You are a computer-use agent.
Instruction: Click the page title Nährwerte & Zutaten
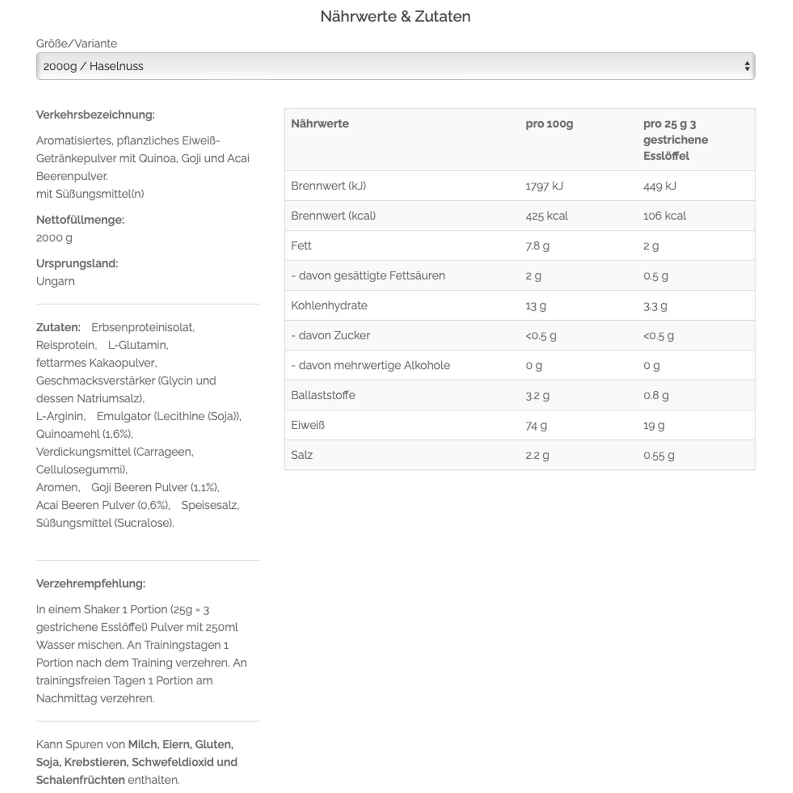[395, 17]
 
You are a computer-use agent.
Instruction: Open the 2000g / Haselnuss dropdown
[395, 66]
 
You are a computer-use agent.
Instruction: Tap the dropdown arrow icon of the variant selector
[747, 66]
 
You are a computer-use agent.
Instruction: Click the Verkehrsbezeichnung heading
[95, 115]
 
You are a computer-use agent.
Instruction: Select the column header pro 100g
[549, 124]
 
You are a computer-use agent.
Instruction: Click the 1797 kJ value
[544, 186]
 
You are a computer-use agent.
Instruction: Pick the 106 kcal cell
[664, 216]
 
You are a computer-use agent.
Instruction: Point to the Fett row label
[301, 246]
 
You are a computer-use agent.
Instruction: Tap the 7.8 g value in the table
[537, 246]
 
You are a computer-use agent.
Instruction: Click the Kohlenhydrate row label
[329, 306]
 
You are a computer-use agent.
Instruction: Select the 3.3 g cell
[655, 306]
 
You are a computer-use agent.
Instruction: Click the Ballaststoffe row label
[323, 395]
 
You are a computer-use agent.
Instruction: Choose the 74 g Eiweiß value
[536, 425]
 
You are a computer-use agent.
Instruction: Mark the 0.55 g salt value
[658, 455]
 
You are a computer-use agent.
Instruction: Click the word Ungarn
[56, 282]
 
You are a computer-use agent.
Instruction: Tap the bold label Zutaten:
[58, 328]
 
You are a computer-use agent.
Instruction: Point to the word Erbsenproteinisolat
[143, 328]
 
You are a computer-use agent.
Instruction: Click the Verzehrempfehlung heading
[91, 584]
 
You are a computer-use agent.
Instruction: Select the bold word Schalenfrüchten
[80, 780]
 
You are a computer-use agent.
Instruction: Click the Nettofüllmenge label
[80, 220]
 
